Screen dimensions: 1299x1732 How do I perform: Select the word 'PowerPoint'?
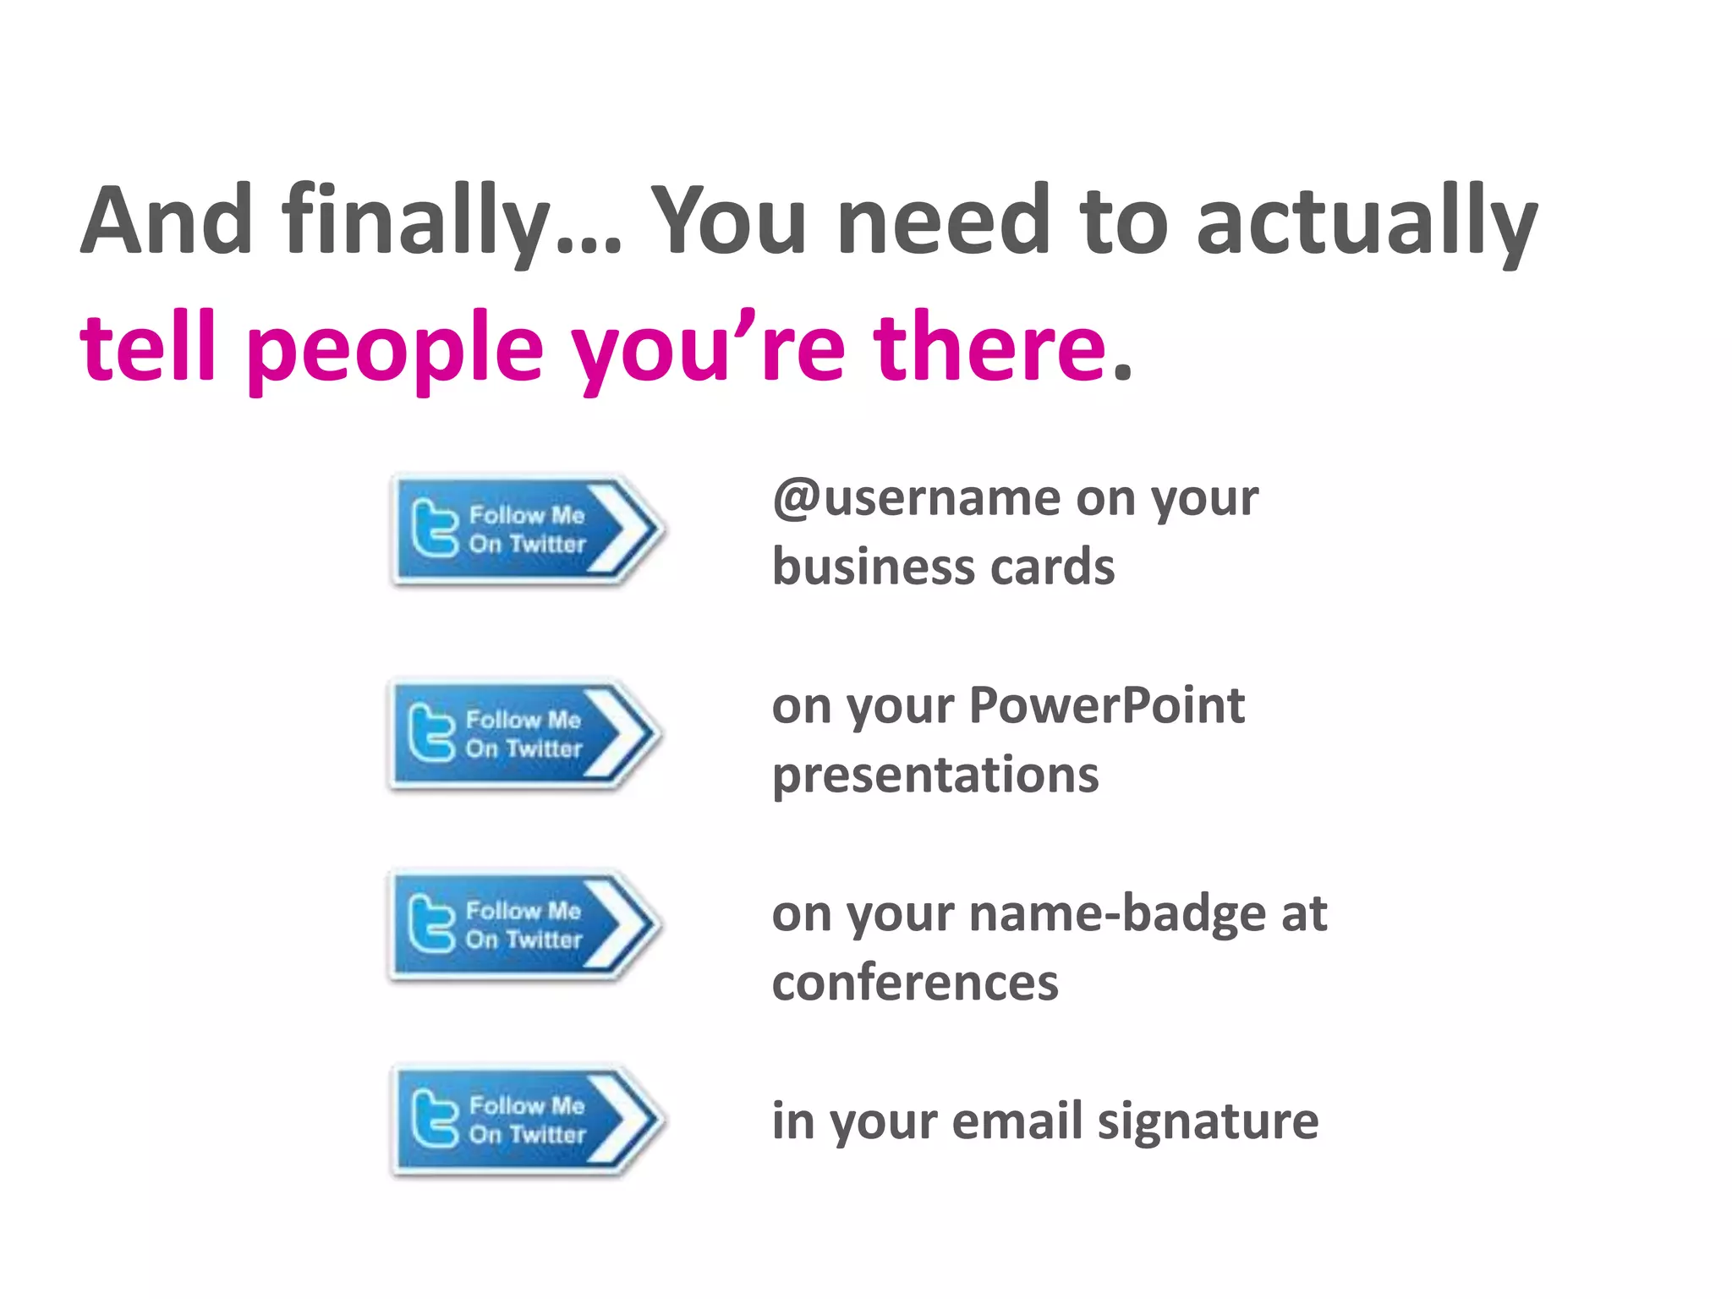[1106, 705]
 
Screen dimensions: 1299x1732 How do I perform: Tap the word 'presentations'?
[935, 776]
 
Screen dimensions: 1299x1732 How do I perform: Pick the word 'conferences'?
[914, 983]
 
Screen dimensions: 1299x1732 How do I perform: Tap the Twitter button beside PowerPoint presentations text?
[523, 735]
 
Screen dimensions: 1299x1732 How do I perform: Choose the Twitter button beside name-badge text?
[523, 926]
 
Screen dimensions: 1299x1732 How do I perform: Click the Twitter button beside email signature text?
[526, 1121]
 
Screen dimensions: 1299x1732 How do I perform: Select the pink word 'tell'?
[148, 347]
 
